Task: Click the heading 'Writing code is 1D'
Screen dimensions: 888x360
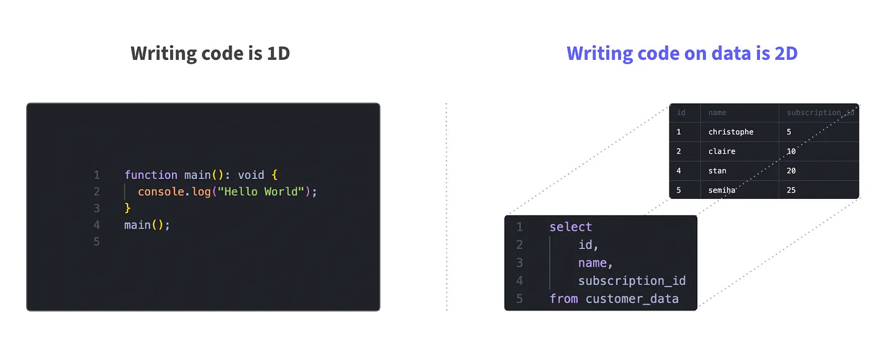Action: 210,54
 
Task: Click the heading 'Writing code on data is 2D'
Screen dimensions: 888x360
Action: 682,54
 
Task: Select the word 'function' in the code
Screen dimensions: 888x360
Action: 151,175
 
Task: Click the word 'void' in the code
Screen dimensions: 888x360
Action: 251,175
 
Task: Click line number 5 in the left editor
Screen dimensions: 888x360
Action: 96,242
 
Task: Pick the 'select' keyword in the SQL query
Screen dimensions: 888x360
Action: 570,227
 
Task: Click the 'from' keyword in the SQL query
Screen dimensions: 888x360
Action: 564,299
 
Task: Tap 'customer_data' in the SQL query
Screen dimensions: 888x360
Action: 632,299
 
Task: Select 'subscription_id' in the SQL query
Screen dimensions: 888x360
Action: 632,281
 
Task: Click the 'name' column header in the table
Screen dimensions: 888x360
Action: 717,113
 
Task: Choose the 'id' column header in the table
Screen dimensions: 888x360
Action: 681,113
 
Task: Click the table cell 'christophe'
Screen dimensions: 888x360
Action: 731,132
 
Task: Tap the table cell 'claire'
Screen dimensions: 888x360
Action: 722,151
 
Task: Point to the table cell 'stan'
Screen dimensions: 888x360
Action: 717,171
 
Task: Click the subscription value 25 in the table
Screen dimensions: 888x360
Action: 791,190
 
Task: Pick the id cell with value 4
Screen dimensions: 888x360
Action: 679,171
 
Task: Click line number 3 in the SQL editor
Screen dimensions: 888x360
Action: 520,263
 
